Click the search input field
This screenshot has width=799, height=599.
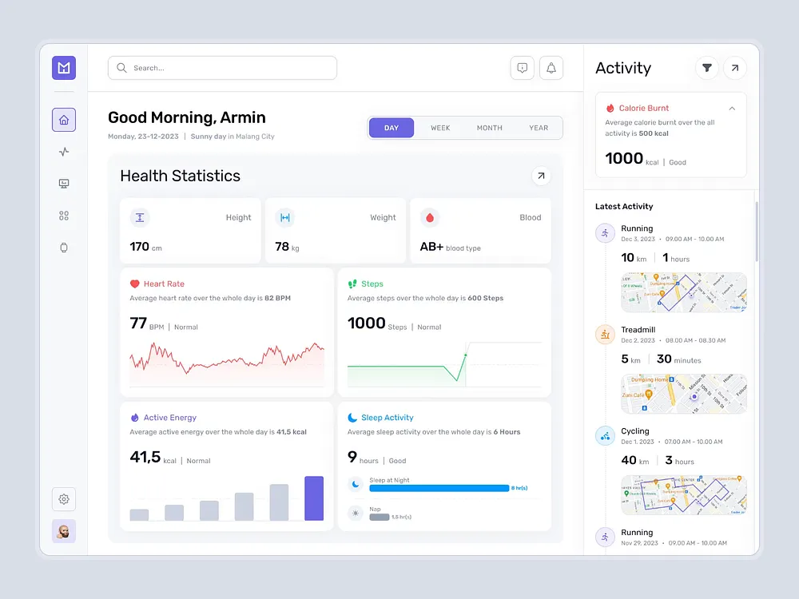tap(222, 68)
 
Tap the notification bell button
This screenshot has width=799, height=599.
tap(551, 68)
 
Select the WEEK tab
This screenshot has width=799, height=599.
tap(440, 128)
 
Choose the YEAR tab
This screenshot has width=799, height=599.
tap(539, 128)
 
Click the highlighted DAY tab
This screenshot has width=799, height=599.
tap(392, 128)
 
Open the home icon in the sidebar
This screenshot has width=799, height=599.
tap(64, 120)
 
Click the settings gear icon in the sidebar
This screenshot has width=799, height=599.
tap(64, 499)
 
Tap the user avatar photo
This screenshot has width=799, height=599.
tap(64, 531)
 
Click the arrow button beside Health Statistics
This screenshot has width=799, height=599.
tap(541, 176)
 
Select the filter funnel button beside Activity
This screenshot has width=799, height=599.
tap(706, 68)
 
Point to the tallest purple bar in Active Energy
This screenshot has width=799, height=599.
tap(314, 498)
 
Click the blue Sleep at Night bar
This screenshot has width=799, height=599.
tap(439, 488)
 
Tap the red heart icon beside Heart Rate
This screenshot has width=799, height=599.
tap(135, 284)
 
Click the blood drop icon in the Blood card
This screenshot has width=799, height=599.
tap(430, 217)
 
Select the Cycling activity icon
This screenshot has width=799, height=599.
tap(605, 435)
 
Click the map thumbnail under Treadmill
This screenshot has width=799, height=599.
tap(684, 394)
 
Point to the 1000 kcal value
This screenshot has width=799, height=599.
tap(624, 158)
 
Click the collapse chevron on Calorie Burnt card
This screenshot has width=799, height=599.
tap(732, 108)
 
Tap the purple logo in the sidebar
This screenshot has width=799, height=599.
tap(64, 68)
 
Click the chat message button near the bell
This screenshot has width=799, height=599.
tap(522, 68)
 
